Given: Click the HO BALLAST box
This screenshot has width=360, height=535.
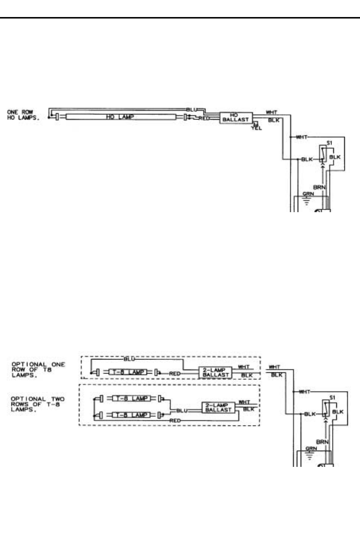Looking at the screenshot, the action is [x=236, y=118].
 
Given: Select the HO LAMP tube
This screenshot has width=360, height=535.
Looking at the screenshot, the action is [x=120, y=117].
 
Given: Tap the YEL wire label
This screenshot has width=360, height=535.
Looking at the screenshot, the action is [x=256, y=128].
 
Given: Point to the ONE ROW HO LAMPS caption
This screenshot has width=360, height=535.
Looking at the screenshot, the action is [x=23, y=115].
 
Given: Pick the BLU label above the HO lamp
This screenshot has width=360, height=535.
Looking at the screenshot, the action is [x=191, y=110].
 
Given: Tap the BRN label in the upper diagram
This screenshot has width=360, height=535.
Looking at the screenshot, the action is [x=319, y=187].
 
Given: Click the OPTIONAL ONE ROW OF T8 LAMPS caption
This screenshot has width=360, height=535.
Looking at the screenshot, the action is [x=38, y=370].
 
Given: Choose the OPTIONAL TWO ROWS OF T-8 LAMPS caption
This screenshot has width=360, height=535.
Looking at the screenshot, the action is [x=37, y=404].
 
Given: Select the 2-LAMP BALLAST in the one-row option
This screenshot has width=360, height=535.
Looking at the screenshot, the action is [x=216, y=372].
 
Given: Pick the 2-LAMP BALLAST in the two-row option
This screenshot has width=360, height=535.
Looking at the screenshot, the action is [x=219, y=407].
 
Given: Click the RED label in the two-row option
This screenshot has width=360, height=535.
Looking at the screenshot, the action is [x=175, y=421].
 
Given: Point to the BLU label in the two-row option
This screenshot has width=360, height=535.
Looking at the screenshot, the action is [x=182, y=411].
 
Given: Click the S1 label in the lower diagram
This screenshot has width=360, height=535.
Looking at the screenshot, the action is [x=332, y=398].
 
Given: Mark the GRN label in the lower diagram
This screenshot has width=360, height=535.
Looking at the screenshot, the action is [x=311, y=448].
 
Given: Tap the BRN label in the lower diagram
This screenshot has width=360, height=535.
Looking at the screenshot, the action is [x=322, y=442].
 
